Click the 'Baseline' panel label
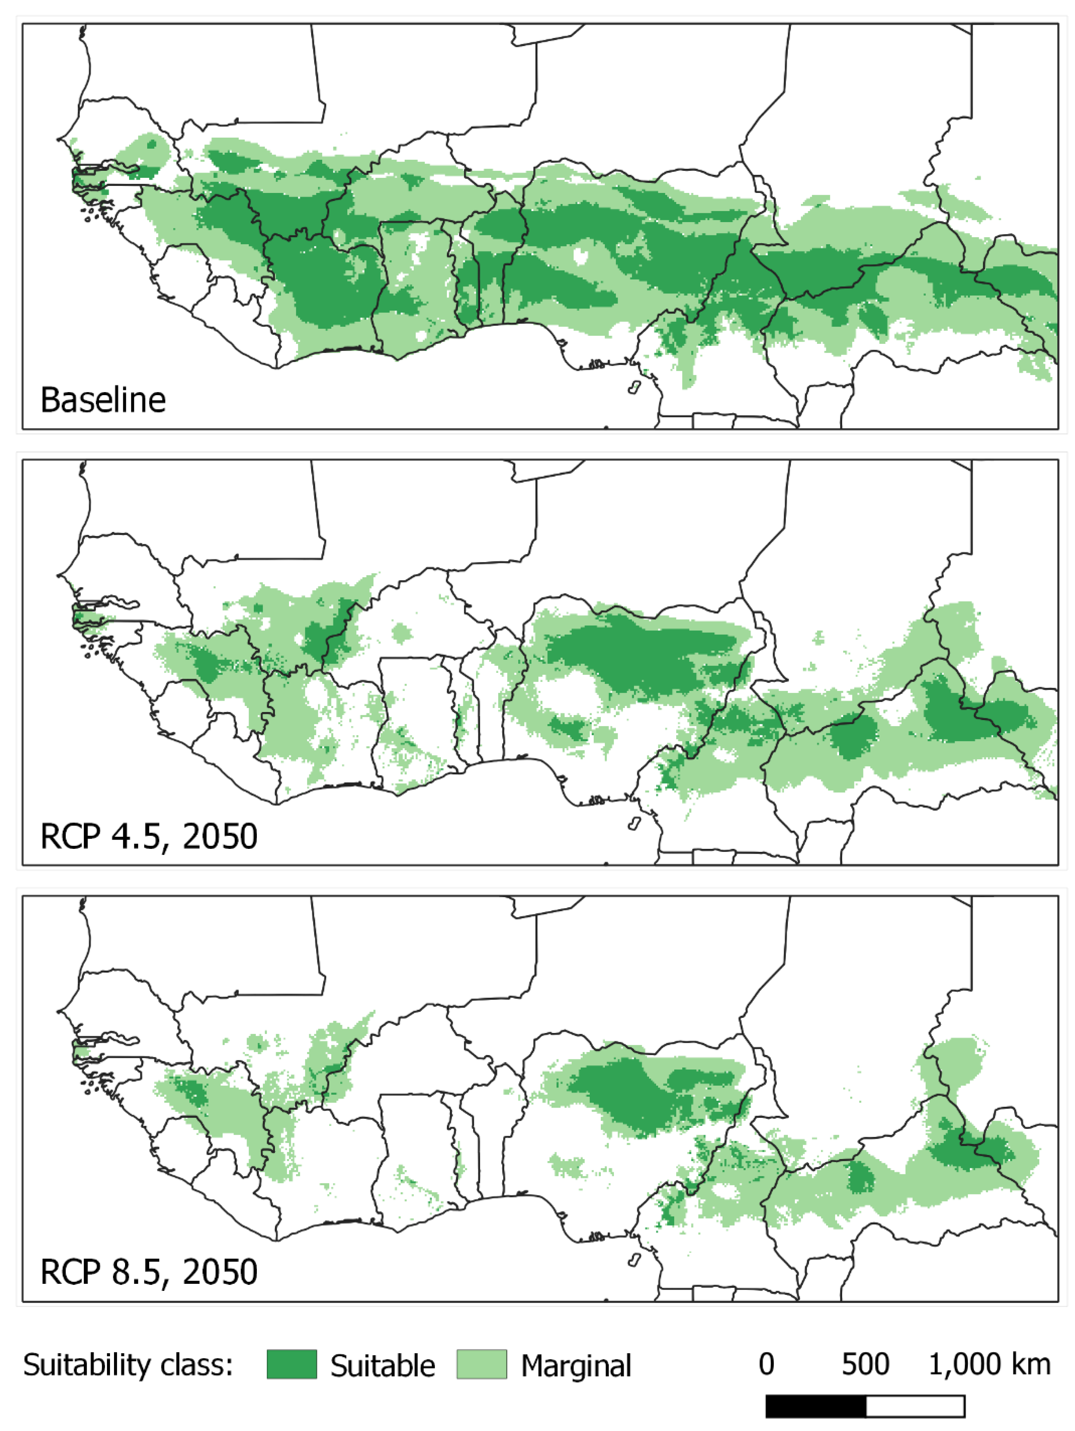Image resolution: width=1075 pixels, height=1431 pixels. [103, 400]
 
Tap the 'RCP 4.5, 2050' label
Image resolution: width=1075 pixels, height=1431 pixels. [149, 836]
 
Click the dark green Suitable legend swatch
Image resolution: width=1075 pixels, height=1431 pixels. [292, 1364]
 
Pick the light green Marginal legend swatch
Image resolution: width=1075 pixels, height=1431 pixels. [482, 1364]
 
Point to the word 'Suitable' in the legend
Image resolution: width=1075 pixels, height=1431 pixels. [382, 1366]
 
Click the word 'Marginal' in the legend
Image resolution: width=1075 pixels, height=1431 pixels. [576, 1366]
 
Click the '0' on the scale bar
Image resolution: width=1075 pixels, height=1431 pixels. [766, 1364]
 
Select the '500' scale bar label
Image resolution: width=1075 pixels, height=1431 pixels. [865, 1364]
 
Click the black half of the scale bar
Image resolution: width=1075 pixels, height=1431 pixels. [816, 1406]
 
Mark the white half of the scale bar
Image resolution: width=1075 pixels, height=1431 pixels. [915, 1406]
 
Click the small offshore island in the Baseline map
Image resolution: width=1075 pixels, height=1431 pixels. [635, 387]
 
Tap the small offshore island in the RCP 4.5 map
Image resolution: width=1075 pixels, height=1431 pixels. [635, 823]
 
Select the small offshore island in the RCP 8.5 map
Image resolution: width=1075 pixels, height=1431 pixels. [635, 1259]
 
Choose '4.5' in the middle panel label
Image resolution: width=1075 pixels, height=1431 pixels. [135, 836]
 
